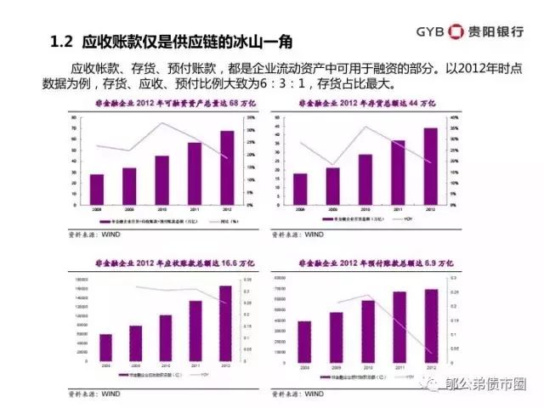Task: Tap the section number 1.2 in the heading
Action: [x=61, y=42]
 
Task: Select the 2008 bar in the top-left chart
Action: [x=96, y=189]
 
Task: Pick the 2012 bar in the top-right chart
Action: [x=432, y=166]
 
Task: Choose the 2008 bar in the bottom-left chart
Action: [x=105, y=347]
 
